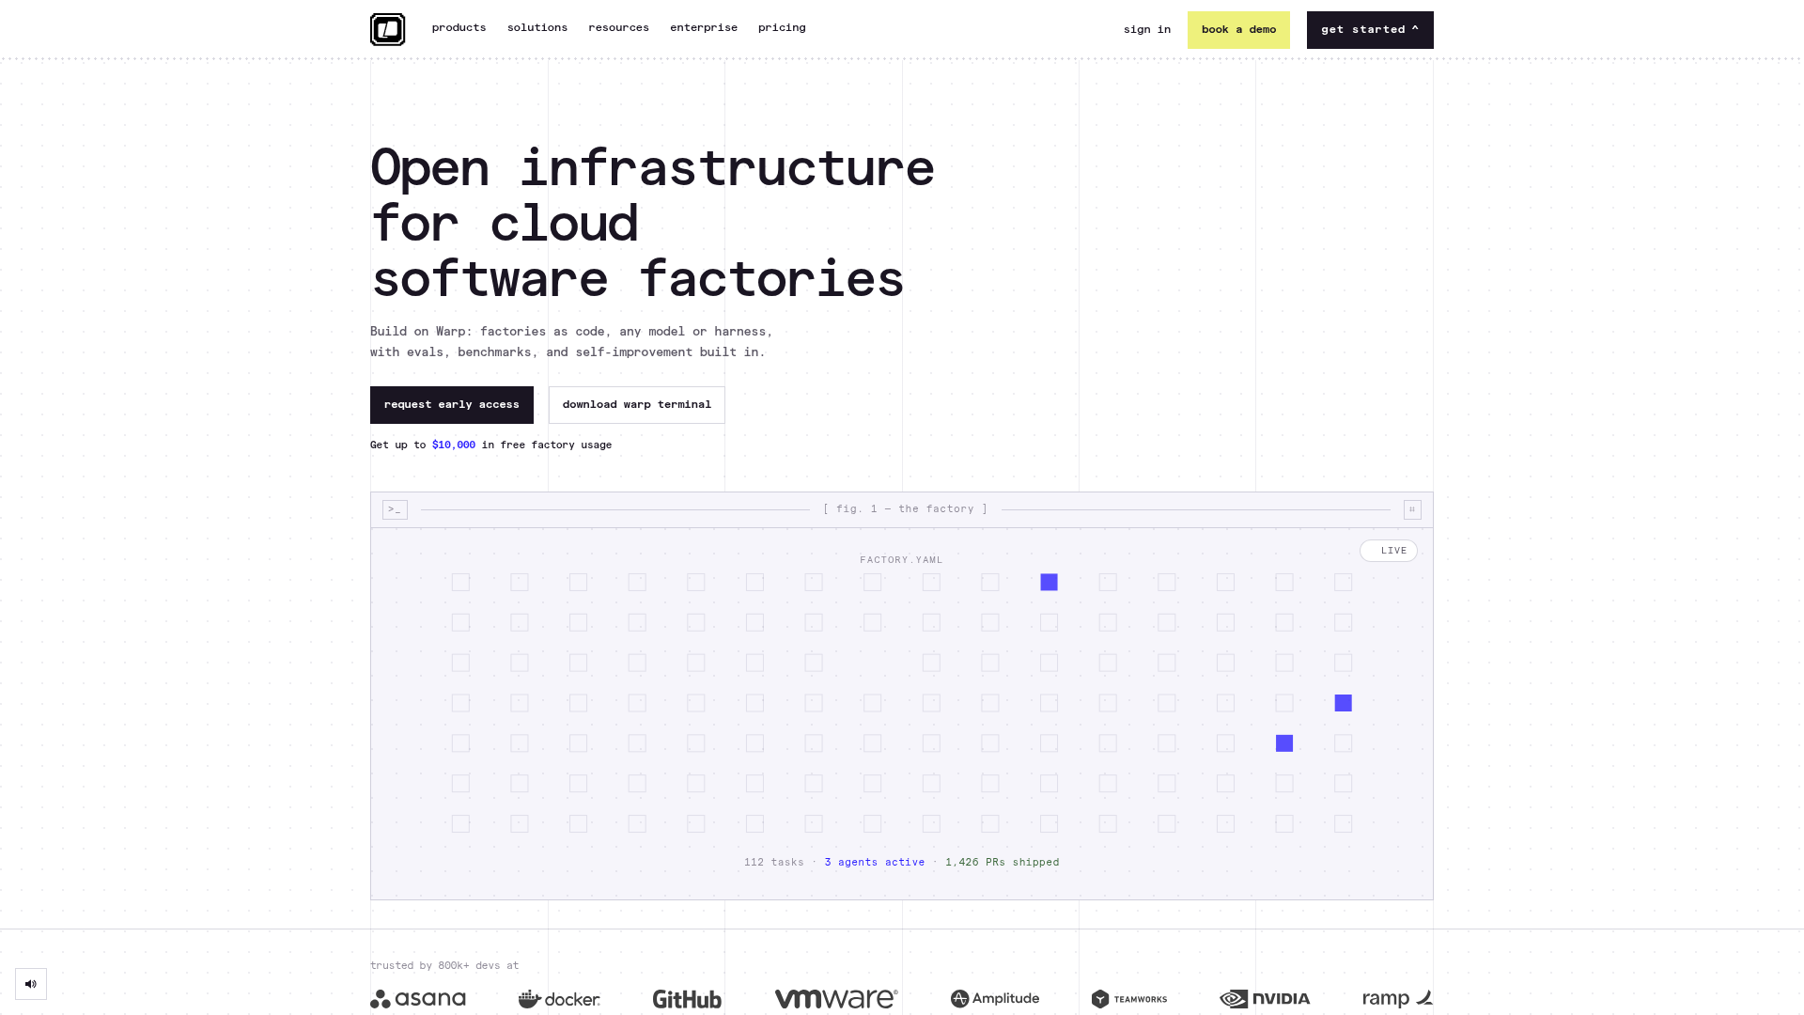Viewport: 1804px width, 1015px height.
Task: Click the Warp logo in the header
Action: coord(387,29)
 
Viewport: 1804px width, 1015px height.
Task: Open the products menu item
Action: coord(459,28)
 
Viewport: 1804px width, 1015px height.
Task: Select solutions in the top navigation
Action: coord(537,28)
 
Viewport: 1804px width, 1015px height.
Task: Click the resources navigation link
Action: coord(618,28)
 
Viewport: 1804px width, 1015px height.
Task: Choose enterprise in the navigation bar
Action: coord(704,28)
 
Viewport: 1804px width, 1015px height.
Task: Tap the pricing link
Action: coord(782,28)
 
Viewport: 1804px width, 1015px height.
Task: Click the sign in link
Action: coord(1147,30)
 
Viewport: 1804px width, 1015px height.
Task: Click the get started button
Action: coord(1370,30)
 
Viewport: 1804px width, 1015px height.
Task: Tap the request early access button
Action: coord(452,405)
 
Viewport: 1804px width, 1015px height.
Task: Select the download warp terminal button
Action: coord(637,405)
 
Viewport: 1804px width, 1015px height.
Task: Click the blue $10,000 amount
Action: coord(454,445)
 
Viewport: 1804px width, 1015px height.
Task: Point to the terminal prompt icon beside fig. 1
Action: coord(395,509)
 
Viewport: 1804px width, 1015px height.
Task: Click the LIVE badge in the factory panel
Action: coord(1389,551)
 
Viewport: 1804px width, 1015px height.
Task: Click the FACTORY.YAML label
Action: coord(901,560)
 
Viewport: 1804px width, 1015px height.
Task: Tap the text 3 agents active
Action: coord(875,863)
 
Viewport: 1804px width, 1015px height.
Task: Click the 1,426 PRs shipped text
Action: coord(1003,863)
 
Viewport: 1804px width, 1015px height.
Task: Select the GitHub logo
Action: coord(687,999)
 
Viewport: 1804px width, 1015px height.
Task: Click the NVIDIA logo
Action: coord(1265,999)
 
